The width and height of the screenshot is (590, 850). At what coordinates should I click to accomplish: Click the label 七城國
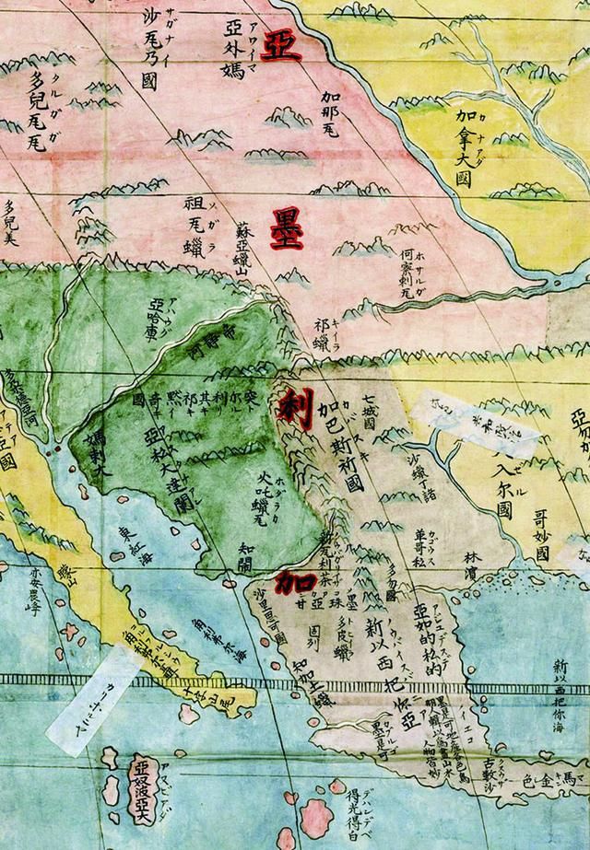369,413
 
